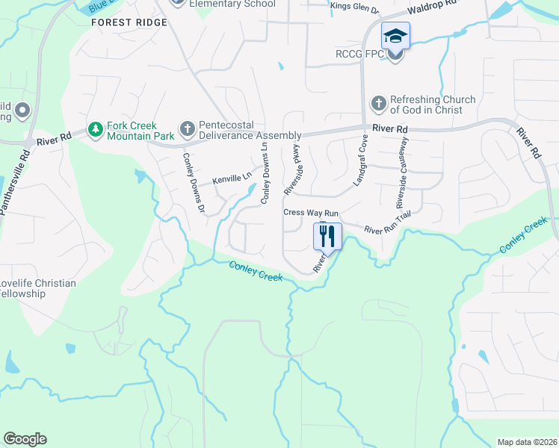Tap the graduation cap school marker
[x=395, y=35]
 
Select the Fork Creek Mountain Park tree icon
[x=95, y=131]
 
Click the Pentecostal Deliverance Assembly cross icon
[x=187, y=131]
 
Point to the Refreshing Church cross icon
[x=379, y=102]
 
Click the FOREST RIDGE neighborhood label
[x=129, y=22]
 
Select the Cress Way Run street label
[x=305, y=213]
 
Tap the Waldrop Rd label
[x=432, y=7]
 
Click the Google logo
[x=25, y=439]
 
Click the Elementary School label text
[x=232, y=4]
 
